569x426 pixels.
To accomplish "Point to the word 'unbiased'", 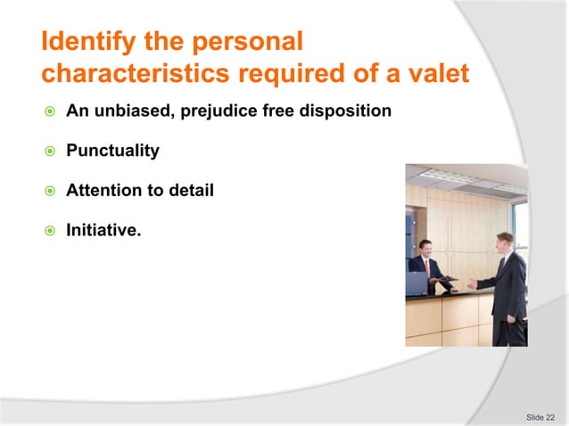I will (x=128, y=111).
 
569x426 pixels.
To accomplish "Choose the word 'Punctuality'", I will (x=112, y=151).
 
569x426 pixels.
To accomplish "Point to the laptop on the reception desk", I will (x=416, y=283).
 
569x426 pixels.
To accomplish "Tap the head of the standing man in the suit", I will (x=505, y=242).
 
